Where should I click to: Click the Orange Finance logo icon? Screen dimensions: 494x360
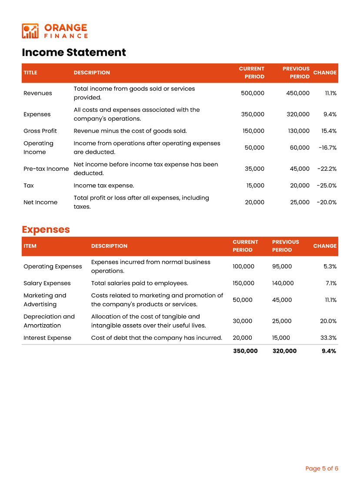click(x=30, y=31)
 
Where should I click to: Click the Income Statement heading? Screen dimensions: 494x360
click(x=74, y=53)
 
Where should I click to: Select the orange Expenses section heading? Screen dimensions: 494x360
click(x=46, y=229)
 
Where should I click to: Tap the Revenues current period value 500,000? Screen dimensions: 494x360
click(x=252, y=93)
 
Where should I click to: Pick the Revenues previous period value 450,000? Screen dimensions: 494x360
click(x=298, y=93)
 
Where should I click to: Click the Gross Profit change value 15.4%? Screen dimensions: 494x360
click(x=329, y=131)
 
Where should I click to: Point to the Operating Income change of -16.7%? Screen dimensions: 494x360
click(x=327, y=148)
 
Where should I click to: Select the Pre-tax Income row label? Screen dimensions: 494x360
click(x=46, y=169)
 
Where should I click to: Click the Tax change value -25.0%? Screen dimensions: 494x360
click(x=327, y=186)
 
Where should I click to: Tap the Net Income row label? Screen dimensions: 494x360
click(x=40, y=202)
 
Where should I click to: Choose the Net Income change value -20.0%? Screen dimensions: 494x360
click(x=327, y=202)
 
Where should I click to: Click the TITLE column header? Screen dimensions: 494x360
click(x=30, y=73)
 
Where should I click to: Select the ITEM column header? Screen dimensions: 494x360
click(x=30, y=246)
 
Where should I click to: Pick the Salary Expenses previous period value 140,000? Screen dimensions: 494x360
click(x=283, y=283)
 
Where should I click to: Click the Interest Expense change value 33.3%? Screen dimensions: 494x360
click(x=328, y=338)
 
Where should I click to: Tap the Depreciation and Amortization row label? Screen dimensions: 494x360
click(x=49, y=321)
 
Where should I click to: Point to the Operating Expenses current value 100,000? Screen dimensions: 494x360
click(x=243, y=266)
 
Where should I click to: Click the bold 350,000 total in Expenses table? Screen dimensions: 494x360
click(x=245, y=351)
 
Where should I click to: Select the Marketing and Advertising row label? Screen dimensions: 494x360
click(x=45, y=300)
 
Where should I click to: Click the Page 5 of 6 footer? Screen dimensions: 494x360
click(x=321, y=468)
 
